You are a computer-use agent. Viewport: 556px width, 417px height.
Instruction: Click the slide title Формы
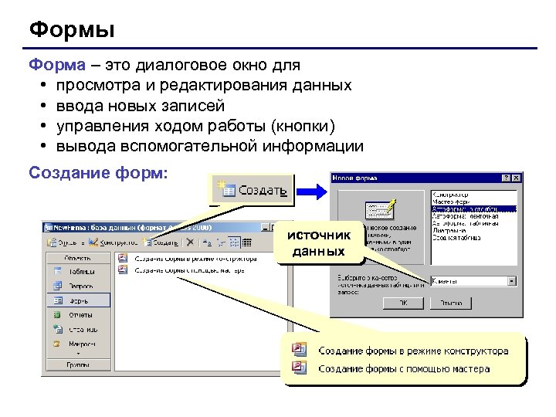tap(72, 30)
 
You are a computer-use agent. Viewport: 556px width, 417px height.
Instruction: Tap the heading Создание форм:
tap(97, 171)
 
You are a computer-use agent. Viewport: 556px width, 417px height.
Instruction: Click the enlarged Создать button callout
tap(253, 190)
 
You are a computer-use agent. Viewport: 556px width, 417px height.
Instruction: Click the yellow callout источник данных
tap(319, 242)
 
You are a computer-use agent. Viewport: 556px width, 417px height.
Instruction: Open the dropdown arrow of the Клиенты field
tap(512, 281)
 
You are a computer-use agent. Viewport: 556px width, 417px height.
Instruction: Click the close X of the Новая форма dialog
tap(517, 178)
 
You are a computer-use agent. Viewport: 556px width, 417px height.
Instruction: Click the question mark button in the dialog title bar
tap(506, 178)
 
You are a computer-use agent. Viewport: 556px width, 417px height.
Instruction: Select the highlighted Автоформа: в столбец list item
tap(472, 209)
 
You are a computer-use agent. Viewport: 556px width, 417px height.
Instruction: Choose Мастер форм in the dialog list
tap(456, 202)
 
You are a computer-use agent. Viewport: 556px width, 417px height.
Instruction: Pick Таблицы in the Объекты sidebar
tap(80, 272)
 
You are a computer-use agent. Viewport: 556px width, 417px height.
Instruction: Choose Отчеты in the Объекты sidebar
tap(80, 315)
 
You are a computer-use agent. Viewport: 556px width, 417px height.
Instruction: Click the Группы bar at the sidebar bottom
tap(78, 364)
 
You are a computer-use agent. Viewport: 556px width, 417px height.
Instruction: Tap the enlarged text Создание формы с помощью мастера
tap(403, 369)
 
